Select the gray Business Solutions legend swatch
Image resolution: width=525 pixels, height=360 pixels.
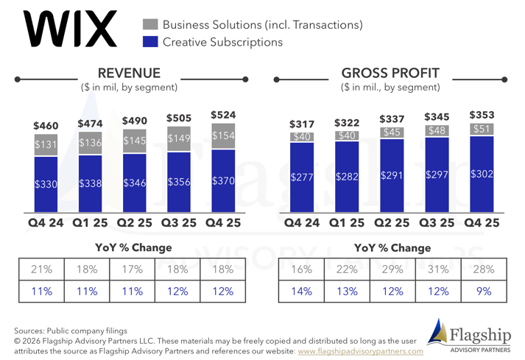(150, 25)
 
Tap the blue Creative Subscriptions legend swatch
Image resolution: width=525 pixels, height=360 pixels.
(150, 42)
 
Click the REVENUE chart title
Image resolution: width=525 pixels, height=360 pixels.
(129, 73)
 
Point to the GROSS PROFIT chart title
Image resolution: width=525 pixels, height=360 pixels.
(390, 73)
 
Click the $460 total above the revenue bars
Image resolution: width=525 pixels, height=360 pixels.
(46, 126)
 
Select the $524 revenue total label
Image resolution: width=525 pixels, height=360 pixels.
(223, 115)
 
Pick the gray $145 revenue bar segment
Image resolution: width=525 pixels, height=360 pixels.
(135, 139)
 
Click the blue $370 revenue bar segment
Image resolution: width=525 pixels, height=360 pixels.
(223, 180)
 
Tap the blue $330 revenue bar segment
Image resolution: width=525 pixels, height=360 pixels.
(46, 184)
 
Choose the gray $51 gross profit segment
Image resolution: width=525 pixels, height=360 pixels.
(482, 129)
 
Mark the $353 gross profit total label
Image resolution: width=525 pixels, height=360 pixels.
(482, 115)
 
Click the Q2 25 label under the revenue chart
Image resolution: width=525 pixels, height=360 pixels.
(135, 222)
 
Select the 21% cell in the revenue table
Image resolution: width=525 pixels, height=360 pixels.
(41, 269)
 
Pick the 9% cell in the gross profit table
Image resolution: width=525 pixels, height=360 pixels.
(483, 292)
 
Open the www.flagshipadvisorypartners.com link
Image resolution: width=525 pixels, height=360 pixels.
(361, 351)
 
